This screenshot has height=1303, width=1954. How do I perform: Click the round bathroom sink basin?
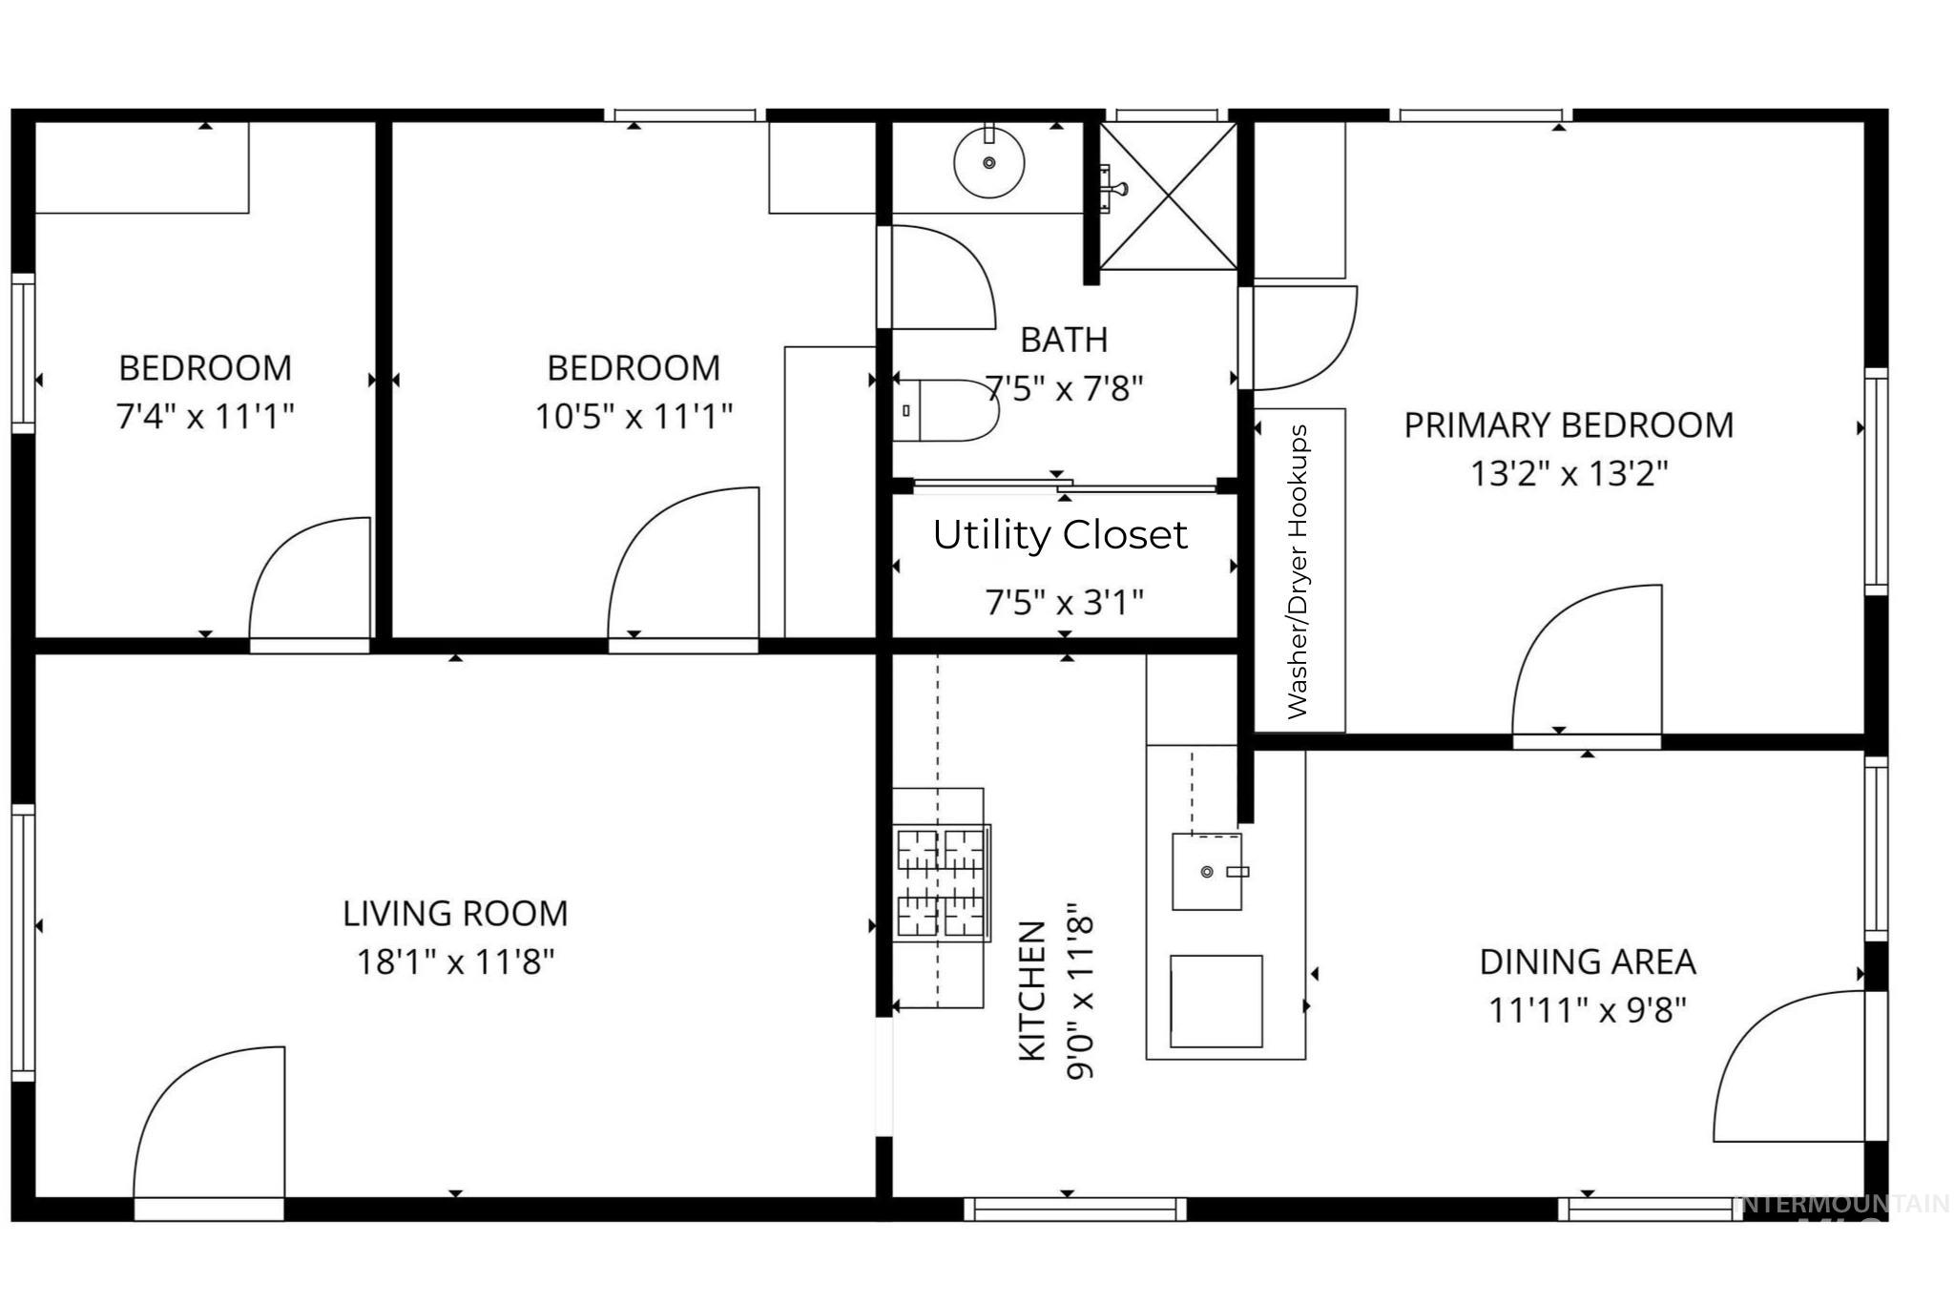click(x=989, y=162)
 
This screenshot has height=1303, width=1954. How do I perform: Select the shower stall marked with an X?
click(x=1169, y=196)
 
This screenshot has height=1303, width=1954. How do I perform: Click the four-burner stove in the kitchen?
click(x=941, y=882)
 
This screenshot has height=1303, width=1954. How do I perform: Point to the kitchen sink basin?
click(x=1207, y=872)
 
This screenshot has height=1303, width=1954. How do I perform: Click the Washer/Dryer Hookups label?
click(x=1298, y=570)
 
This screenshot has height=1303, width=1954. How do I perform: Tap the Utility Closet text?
click(x=1059, y=535)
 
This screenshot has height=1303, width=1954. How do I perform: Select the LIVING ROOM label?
click(x=455, y=914)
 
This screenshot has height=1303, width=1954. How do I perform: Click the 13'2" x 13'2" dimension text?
click(x=1569, y=473)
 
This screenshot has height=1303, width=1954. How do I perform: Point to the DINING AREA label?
click(x=1588, y=962)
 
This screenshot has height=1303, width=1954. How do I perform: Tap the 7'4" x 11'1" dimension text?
click(x=205, y=417)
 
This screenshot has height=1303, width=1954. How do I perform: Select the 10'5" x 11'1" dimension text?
click(x=634, y=417)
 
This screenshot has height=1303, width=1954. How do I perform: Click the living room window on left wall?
click(x=23, y=941)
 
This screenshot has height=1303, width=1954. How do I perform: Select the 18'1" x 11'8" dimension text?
click(x=455, y=962)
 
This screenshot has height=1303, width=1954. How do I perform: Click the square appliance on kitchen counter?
click(x=1216, y=1002)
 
